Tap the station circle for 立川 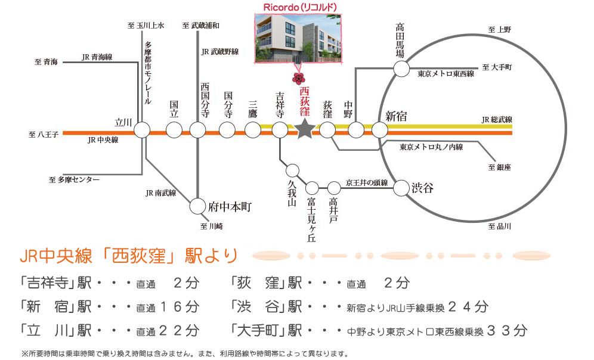[142, 129]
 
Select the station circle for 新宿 [380, 129]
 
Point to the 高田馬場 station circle [402, 69]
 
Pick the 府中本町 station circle [197, 207]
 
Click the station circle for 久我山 [292, 169]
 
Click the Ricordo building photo [296, 37]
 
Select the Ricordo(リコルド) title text [296, 7]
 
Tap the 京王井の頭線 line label [367, 182]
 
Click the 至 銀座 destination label [500, 167]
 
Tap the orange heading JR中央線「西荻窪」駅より [129, 257]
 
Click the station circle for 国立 [174, 129]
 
